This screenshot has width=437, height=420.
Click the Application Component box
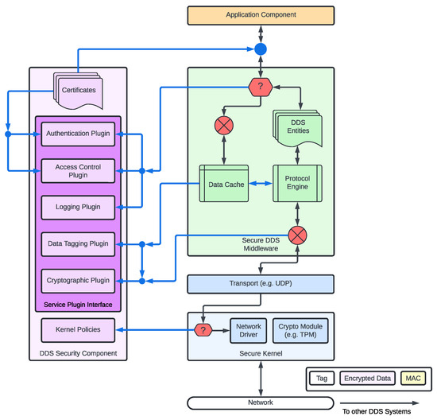(259, 15)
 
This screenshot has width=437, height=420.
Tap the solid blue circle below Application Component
(259, 49)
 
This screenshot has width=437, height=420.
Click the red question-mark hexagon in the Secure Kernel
(204, 329)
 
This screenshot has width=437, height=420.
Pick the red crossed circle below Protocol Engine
(297, 235)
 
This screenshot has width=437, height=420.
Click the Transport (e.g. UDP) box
(259, 283)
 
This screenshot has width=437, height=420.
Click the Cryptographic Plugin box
(78, 280)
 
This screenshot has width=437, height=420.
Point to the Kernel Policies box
(78, 329)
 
